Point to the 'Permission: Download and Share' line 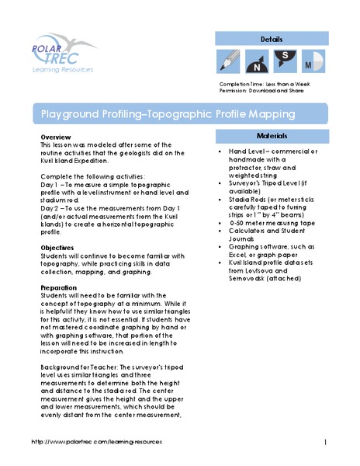(264, 91)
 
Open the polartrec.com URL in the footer (98, 441)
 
